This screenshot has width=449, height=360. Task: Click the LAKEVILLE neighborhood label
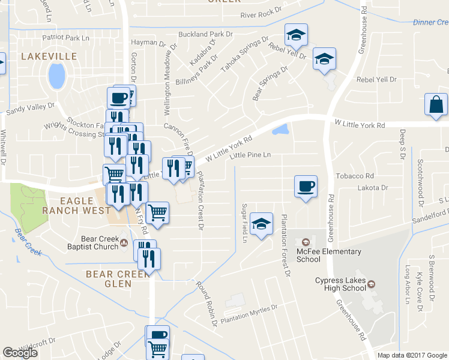coord(49,56)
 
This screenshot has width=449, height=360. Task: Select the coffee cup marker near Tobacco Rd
coord(306,186)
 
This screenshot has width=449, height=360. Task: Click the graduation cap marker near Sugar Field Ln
coord(262,224)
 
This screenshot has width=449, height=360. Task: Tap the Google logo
coord(20,353)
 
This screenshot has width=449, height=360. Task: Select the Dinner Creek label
coord(430,23)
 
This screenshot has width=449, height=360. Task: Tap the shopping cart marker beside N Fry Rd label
coord(157,212)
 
